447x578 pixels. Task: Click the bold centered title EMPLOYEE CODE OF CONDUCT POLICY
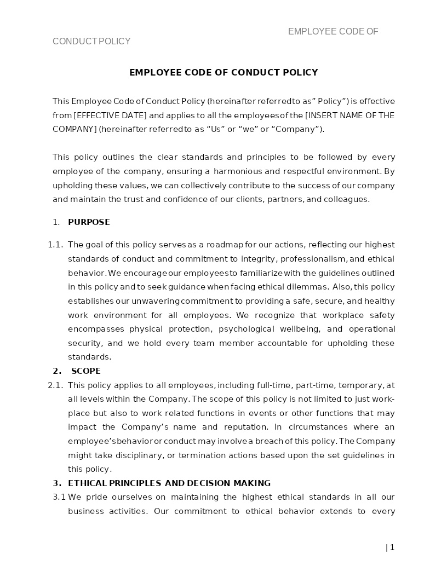click(224, 72)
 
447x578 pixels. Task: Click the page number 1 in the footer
click(392, 547)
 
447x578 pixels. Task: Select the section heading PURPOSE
click(89, 222)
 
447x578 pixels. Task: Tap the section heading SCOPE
click(86, 371)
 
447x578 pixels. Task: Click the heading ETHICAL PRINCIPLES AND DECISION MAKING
click(169, 483)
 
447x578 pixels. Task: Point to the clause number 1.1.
click(55, 245)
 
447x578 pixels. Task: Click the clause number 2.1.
click(55, 385)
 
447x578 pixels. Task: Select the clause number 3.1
click(59, 497)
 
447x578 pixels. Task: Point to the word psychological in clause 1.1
click(247, 329)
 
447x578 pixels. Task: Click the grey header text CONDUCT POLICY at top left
click(91, 42)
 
